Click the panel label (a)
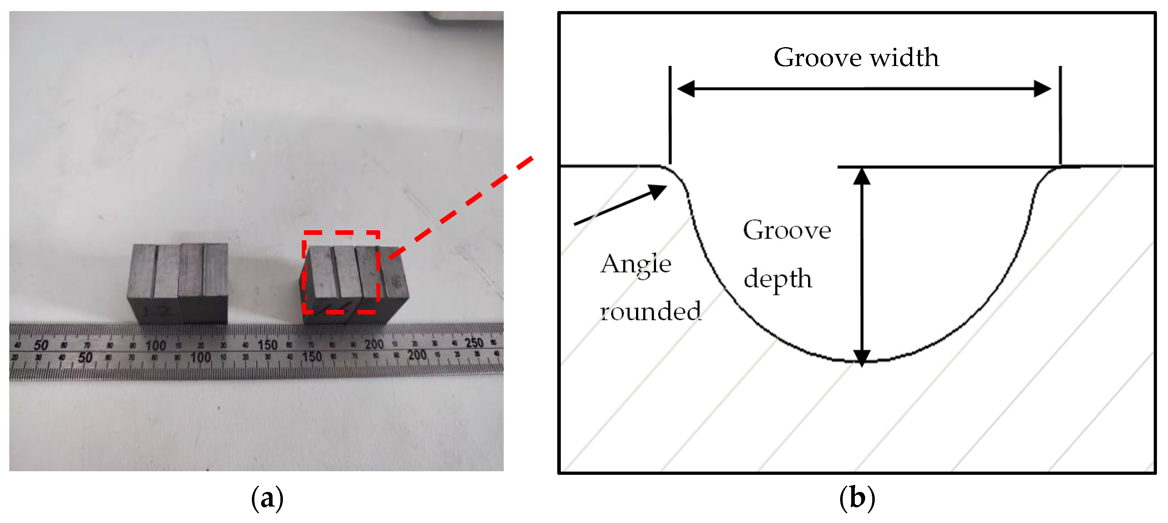(267, 498)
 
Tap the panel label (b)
(857, 498)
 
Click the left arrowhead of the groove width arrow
(686, 89)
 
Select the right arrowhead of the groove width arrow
(1042, 89)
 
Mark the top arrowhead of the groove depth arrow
(862, 176)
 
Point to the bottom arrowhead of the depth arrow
(862, 357)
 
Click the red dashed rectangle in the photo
(341, 233)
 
